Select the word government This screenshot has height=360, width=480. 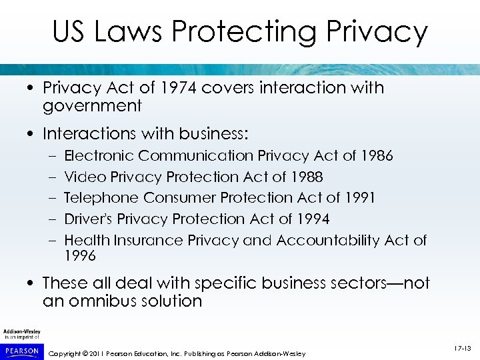92,106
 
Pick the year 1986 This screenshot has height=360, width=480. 377,156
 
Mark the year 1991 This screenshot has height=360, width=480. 359,198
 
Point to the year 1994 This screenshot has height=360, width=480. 313,219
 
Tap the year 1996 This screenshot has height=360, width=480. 80,256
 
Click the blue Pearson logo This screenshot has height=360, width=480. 22,350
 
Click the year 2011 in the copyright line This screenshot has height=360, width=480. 97,353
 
